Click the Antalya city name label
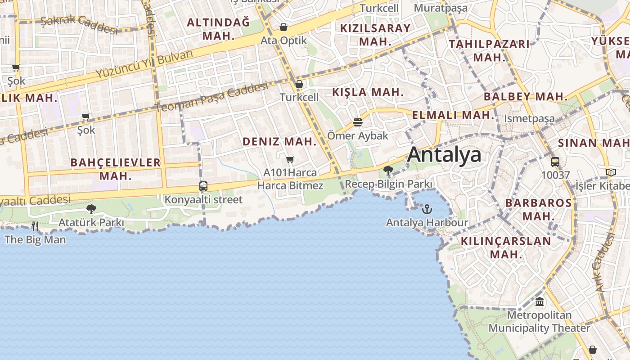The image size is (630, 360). [444, 155]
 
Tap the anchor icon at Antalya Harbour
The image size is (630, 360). [427, 209]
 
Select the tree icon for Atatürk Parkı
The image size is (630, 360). [91, 209]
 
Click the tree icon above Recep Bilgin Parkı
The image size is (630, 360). [388, 171]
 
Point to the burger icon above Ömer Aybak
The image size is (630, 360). [358, 122]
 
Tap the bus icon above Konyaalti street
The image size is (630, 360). [203, 186]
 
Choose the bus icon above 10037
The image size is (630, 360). [555, 162]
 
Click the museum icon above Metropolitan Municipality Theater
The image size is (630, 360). [540, 302]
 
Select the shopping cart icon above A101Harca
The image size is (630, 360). [290, 160]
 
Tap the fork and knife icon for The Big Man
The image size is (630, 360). [35, 226]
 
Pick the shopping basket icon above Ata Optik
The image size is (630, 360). [283, 27]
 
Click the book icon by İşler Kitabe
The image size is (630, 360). [611, 172]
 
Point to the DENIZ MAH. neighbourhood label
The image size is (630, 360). [280, 141]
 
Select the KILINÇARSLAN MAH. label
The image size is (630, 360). [506, 247]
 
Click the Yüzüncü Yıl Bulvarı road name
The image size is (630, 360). [144, 65]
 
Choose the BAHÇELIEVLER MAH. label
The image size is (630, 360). [116, 169]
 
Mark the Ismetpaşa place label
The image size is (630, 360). [529, 119]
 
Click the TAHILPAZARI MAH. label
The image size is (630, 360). [490, 50]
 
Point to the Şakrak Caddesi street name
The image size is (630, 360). [79, 24]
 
